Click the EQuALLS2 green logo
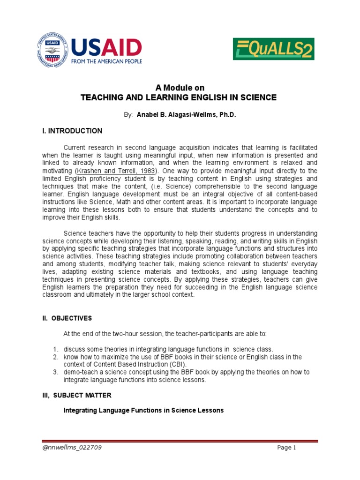click(x=273, y=49)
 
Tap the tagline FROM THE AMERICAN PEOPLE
click(x=106, y=61)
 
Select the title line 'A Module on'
click(x=180, y=88)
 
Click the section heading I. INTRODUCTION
click(x=72, y=131)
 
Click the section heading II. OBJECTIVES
click(x=67, y=318)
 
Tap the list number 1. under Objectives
click(x=55, y=349)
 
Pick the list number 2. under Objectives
click(x=55, y=357)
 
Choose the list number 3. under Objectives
click(x=55, y=372)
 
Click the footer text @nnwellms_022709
click(x=72, y=448)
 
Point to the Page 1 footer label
click(x=287, y=448)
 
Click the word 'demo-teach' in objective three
click(x=79, y=372)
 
